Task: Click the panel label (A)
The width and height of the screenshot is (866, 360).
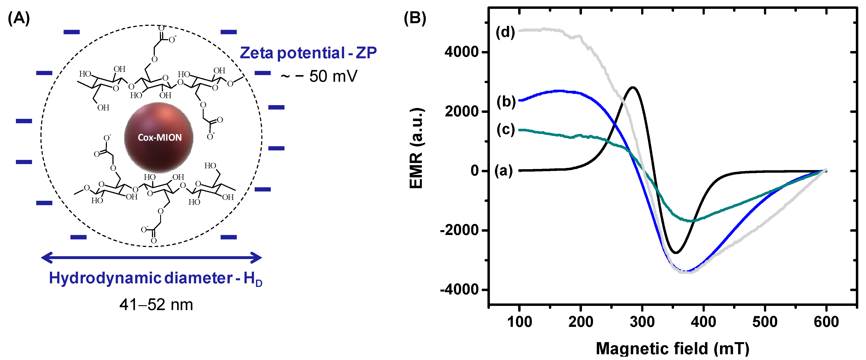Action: coord(19,18)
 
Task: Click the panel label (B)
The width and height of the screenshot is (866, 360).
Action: coord(415,18)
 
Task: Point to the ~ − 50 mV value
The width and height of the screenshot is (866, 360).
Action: coord(319,76)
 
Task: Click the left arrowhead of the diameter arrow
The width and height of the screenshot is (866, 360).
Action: coord(44,258)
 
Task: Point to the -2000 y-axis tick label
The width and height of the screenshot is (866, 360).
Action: coord(459,230)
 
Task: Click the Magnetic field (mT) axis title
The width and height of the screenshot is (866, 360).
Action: coord(672,348)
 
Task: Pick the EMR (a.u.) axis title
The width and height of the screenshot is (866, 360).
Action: coord(417,148)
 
